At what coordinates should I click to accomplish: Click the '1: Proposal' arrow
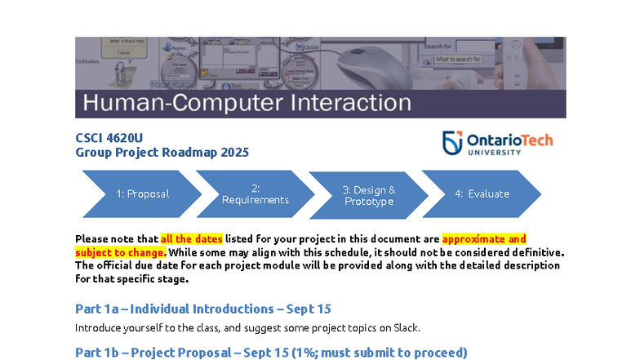(x=142, y=193)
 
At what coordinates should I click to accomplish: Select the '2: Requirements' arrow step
(x=255, y=193)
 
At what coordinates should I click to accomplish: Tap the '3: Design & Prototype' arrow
(x=368, y=195)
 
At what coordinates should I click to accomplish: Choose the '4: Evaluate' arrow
(x=482, y=193)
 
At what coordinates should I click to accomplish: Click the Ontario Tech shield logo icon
(x=452, y=143)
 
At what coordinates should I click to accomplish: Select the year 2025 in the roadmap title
(x=234, y=152)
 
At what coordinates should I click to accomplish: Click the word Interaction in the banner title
(x=347, y=103)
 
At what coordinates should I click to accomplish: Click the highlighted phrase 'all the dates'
(x=192, y=239)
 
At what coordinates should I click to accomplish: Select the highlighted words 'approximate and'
(x=484, y=239)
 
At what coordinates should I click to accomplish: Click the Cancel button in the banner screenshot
(x=123, y=52)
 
